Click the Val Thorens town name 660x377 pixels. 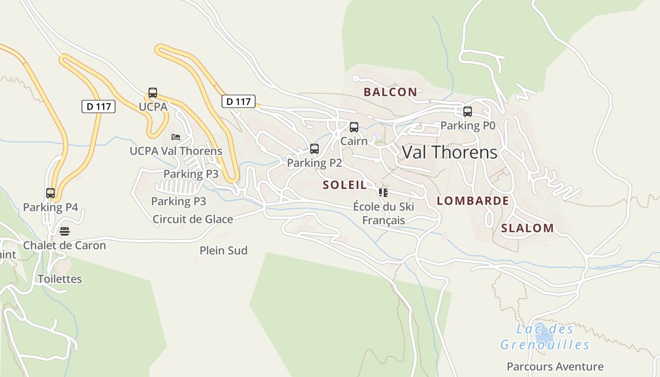pyautogui.click(x=449, y=152)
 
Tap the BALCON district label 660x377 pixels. pyautogui.click(x=390, y=92)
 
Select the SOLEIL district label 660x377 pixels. pyautogui.click(x=345, y=185)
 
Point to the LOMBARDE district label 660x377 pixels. pyautogui.click(x=473, y=201)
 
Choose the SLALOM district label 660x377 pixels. pyautogui.click(x=528, y=229)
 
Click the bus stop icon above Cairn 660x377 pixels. pyautogui.click(x=354, y=127)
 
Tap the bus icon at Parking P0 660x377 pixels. pyautogui.click(x=468, y=112)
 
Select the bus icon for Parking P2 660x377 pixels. pyautogui.click(x=314, y=149)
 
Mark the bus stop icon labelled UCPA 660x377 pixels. pyautogui.click(x=153, y=93)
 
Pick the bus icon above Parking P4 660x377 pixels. pyautogui.click(x=50, y=193)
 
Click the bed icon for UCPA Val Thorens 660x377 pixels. pyautogui.click(x=176, y=137)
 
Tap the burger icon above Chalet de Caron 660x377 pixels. pyautogui.click(x=65, y=231)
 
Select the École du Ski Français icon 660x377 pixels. pyautogui.click(x=383, y=192)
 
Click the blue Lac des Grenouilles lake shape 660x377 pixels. pyautogui.click(x=545, y=333)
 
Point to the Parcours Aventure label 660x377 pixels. pyautogui.click(x=555, y=367)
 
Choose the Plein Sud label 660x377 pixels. pyautogui.click(x=223, y=251)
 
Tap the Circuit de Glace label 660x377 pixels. pyautogui.click(x=193, y=219)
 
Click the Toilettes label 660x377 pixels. pyautogui.click(x=60, y=279)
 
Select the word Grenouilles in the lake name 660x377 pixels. pyautogui.click(x=545, y=345)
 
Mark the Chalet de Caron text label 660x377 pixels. pyautogui.click(x=65, y=246)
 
